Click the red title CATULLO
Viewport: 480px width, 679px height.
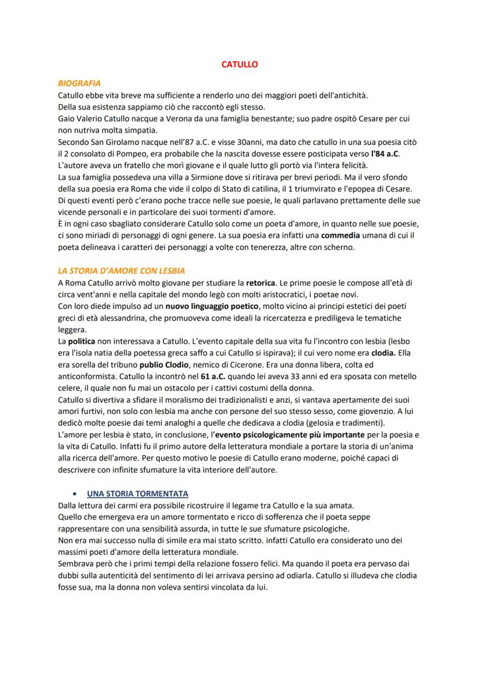coord(239,64)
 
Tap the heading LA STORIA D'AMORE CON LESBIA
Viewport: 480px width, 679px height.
coord(121,271)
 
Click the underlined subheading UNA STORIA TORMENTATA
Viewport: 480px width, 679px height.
coord(137,493)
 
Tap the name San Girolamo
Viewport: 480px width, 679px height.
coord(117,142)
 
